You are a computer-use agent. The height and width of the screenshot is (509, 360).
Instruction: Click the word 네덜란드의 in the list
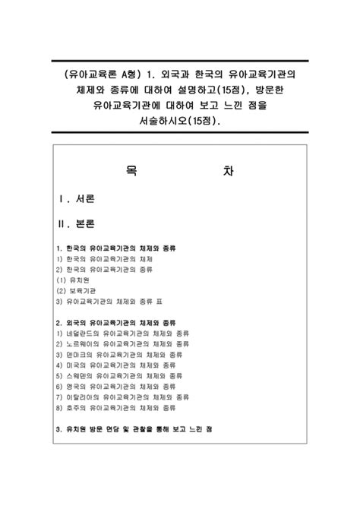(83, 332)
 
